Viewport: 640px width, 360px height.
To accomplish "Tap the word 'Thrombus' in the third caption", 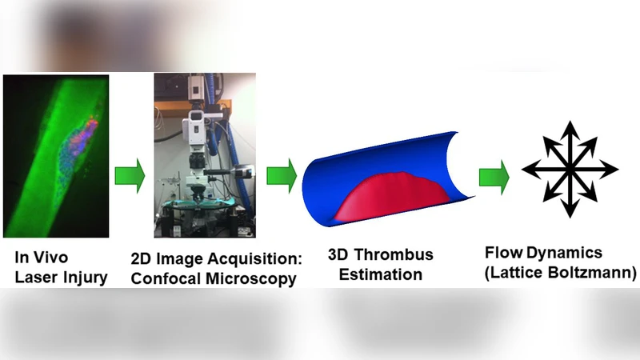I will tap(394, 255).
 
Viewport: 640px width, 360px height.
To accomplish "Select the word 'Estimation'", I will tap(379, 275).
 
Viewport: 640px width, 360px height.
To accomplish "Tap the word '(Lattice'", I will tap(514, 274).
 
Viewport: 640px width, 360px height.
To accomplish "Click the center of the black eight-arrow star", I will tap(570, 169).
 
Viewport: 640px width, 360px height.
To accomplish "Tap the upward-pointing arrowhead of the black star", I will tap(570, 128).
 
